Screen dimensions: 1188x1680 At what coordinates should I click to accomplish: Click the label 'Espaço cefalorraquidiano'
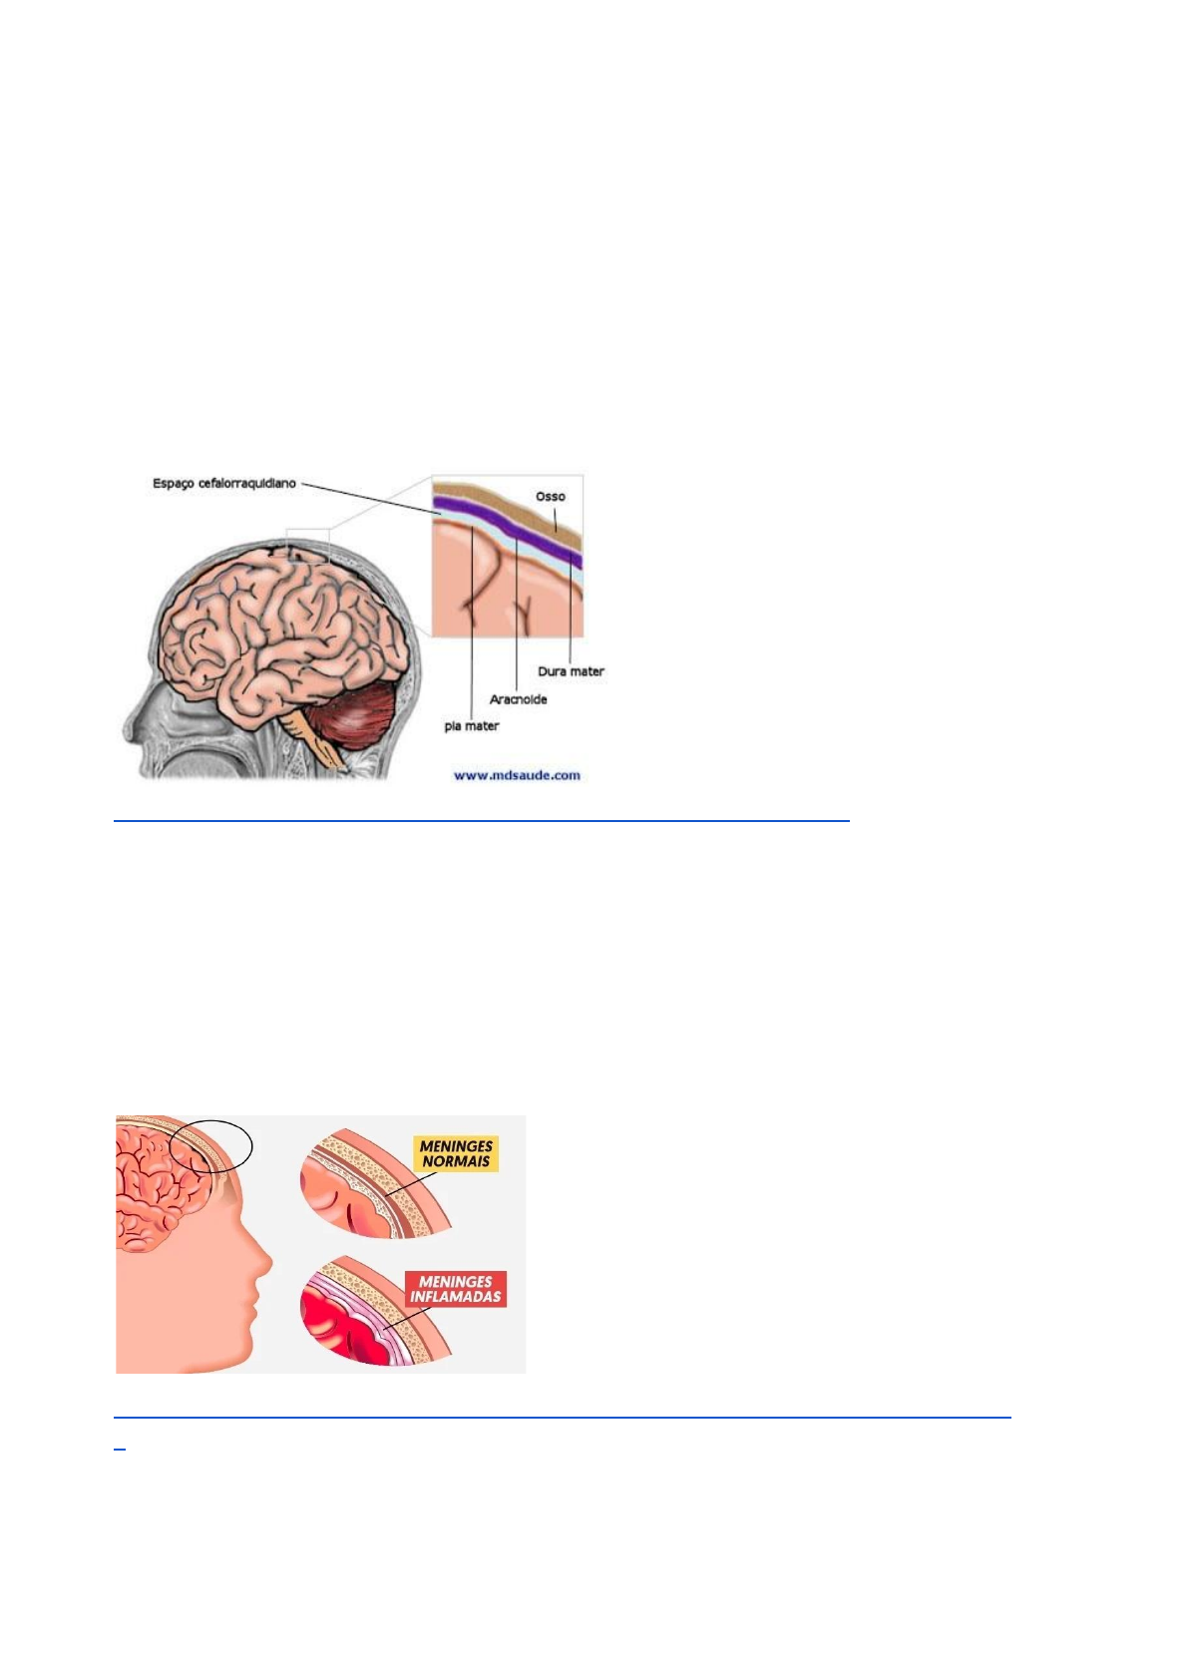(x=223, y=484)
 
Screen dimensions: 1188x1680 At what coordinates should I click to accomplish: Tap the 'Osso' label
(x=550, y=496)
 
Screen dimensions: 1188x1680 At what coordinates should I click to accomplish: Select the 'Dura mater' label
(x=571, y=671)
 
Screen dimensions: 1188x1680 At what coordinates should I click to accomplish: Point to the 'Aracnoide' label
(x=518, y=699)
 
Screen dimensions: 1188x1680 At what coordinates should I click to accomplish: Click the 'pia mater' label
(x=471, y=726)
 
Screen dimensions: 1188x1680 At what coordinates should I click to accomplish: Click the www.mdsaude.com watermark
(x=517, y=775)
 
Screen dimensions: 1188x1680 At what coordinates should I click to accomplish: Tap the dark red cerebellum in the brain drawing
(x=353, y=714)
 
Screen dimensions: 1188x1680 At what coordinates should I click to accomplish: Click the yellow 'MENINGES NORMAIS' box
(x=456, y=1154)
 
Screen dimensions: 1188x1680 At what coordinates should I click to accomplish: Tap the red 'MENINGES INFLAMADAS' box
(x=456, y=1289)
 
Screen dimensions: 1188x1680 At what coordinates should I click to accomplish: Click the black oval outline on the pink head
(x=210, y=1146)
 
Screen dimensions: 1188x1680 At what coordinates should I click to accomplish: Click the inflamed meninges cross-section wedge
(x=364, y=1317)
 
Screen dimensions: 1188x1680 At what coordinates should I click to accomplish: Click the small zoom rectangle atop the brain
(x=306, y=545)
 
